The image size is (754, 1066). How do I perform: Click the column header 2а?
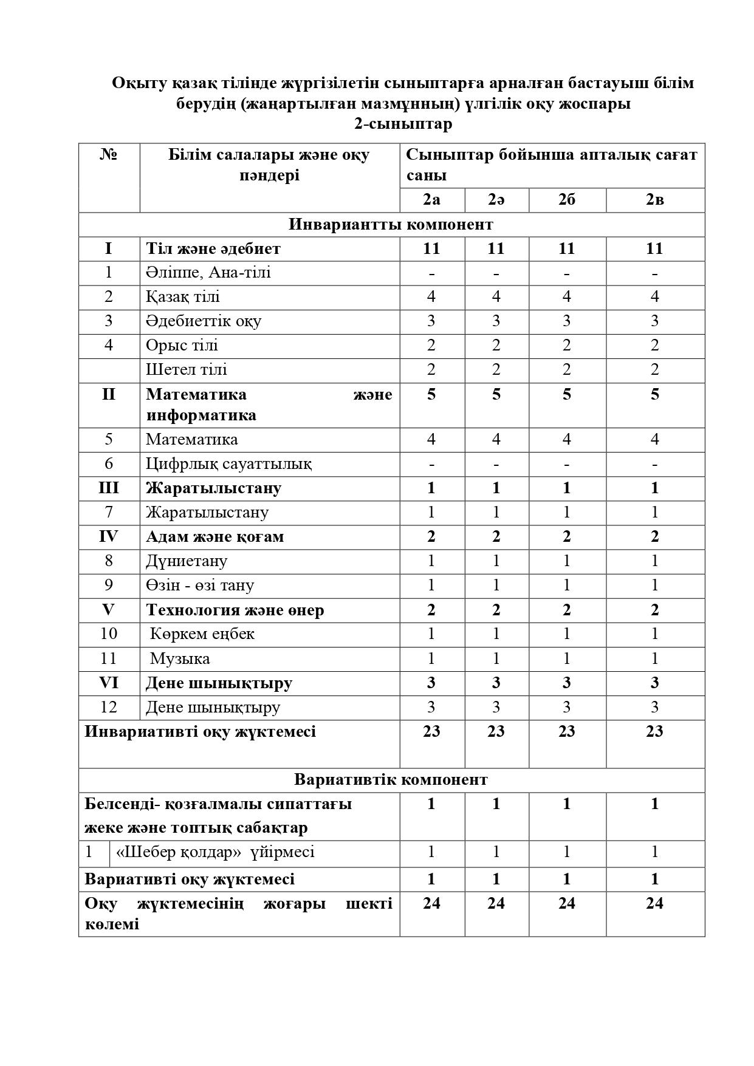pyautogui.click(x=431, y=200)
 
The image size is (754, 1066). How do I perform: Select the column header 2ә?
pyautogui.click(x=496, y=200)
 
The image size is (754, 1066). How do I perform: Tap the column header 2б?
pyautogui.click(x=566, y=200)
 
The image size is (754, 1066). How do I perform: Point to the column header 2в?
pyautogui.click(x=654, y=200)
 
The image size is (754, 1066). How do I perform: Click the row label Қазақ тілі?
pyautogui.click(x=182, y=296)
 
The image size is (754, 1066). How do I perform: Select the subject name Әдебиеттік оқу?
pyautogui.click(x=203, y=321)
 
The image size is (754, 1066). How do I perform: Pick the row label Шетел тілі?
pyautogui.click(x=186, y=369)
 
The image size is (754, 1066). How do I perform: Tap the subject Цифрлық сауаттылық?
pyautogui.click(x=228, y=463)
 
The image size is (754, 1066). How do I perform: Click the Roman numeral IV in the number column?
pyautogui.click(x=108, y=536)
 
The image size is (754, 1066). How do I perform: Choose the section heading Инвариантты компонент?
pyautogui.click(x=391, y=224)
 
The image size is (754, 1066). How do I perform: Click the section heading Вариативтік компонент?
pyautogui.click(x=391, y=779)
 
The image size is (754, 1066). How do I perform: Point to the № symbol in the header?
pyautogui.click(x=108, y=155)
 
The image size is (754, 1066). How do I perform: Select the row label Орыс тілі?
pyautogui.click(x=182, y=345)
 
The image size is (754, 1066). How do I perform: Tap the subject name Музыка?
pyautogui.click(x=180, y=658)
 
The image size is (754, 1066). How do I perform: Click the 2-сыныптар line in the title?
pyautogui.click(x=403, y=124)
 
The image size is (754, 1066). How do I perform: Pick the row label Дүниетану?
pyautogui.click(x=186, y=561)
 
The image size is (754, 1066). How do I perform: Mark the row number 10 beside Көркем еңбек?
pyautogui.click(x=108, y=634)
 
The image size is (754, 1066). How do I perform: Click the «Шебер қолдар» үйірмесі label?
pyautogui.click(x=215, y=852)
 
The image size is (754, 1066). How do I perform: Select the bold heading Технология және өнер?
pyautogui.click(x=235, y=610)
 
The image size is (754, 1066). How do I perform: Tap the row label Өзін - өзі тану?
pyautogui.click(x=199, y=585)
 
